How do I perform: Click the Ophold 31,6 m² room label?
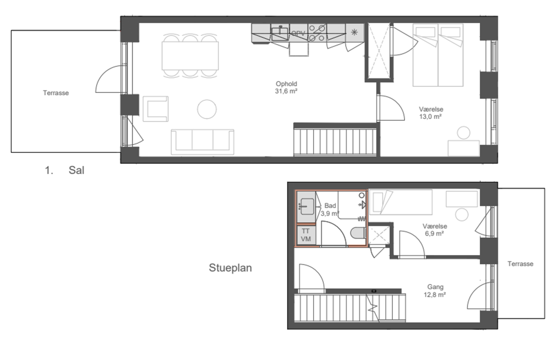[286, 87]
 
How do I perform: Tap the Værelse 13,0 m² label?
[431, 113]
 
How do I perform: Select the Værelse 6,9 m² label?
[434, 230]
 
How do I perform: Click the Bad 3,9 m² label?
[330, 209]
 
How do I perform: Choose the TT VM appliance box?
[306, 235]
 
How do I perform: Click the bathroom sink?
[307, 207]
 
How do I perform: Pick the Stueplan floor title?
[230, 268]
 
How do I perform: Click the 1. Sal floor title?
[65, 171]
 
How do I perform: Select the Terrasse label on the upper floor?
[56, 93]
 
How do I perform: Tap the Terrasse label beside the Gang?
[520, 264]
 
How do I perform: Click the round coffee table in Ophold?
[207, 109]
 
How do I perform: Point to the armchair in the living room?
[155, 109]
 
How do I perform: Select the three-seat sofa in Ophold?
[203, 142]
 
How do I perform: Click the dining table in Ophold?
[190, 56]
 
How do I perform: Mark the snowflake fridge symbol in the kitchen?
[354, 32]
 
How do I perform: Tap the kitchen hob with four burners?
[317, 33]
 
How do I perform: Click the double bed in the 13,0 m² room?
[438, 55]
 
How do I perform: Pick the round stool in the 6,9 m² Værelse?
[462, 214]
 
